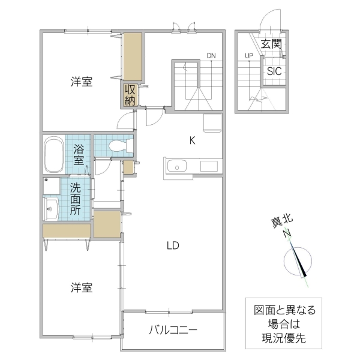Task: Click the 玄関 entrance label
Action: coord(271,44)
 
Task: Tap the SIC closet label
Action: coord(274,70)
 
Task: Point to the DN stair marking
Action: coord(211,56)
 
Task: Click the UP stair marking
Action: coord(248,56)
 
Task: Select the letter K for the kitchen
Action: coord(192,141)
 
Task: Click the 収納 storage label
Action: coord(130,95)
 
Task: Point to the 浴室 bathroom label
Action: coord(79,155)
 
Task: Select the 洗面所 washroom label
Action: coord(76,198)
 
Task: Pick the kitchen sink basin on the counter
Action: coord(177,166)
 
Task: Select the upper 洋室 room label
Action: coord(80,82)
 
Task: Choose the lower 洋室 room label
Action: coord(80,288)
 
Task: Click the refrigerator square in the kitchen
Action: coord(212,122)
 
